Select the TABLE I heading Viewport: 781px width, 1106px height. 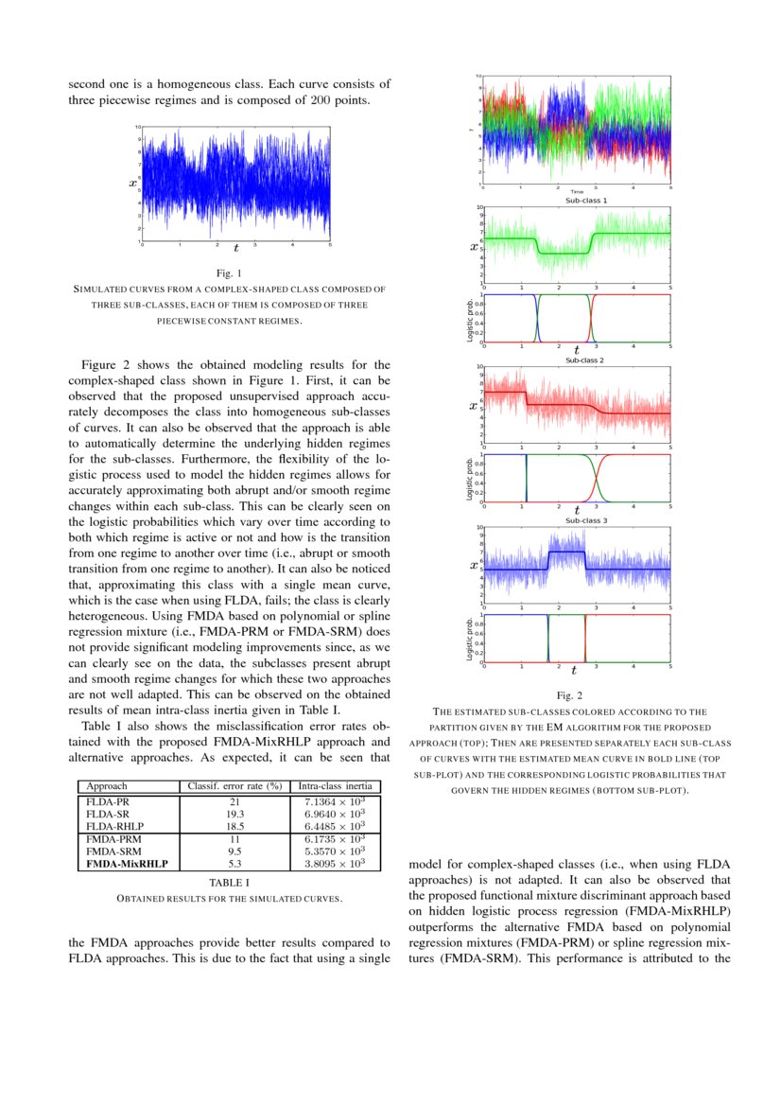pos(228,882)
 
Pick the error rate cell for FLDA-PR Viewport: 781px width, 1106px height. pos(234,801)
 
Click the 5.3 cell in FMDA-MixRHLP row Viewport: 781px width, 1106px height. pos(234,863)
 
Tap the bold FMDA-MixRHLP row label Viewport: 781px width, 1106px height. pos(127,863)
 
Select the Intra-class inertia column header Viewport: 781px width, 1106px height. pos(336,786)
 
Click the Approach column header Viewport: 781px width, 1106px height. pos(107,786)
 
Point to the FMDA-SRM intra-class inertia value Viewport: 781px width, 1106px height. pos(336,851)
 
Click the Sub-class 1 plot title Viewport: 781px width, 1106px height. pos(586,201)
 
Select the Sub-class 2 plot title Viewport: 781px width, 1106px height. pos(586,360)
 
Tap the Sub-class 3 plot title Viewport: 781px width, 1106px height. pos(586,520)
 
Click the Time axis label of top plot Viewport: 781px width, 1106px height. pos(577,192)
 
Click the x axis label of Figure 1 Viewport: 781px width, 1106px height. pos(133,183)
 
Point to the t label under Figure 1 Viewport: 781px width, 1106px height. pos(235,248)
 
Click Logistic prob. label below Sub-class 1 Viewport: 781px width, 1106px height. pos(470,319)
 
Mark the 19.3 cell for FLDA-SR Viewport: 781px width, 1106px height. pos(234,814)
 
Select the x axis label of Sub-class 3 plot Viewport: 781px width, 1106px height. pos(473,566)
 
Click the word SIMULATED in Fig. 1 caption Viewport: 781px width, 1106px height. pos(100,290)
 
